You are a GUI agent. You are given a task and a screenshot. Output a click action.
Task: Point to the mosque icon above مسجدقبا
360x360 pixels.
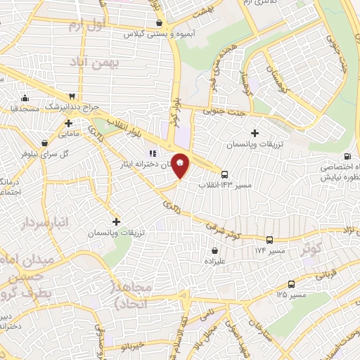click(x=25, y=98)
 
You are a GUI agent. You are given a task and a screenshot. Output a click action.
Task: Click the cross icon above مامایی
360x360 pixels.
click(x=68, y=123)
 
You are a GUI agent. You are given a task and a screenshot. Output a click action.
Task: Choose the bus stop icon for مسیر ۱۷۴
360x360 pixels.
click(x=269, y=240)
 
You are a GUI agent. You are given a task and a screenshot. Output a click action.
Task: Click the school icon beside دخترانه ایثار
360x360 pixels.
click(x=150, y=154)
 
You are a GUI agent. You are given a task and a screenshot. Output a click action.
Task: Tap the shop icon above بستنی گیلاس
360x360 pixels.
click(x=160, y=23)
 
